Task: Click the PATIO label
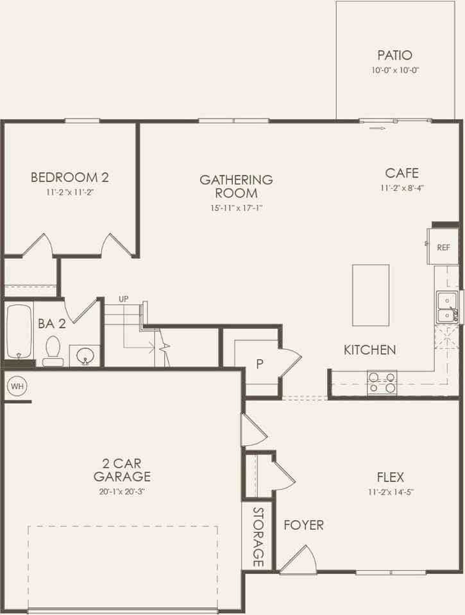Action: [x=394, y=56]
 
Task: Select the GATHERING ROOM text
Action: [x=236, y=186]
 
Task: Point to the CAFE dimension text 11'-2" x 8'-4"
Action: [x=402, y=188]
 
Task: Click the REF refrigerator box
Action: [x=443, y=247]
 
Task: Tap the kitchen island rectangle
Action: [x=371, y=295]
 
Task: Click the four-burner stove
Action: [x=382, y=382]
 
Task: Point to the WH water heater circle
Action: [x=16, y=386]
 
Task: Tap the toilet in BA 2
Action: [x=53, y=350]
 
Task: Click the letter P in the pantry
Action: [x=260, y=364]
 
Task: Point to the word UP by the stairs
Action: [x=124, y=299]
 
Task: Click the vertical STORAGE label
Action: [x=258, y=537]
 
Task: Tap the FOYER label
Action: [x=304, y=525]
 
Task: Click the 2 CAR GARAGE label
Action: [x=122, y=470]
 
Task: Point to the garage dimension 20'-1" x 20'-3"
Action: [x=122, y=492]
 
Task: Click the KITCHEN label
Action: [x=369, y=350]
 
